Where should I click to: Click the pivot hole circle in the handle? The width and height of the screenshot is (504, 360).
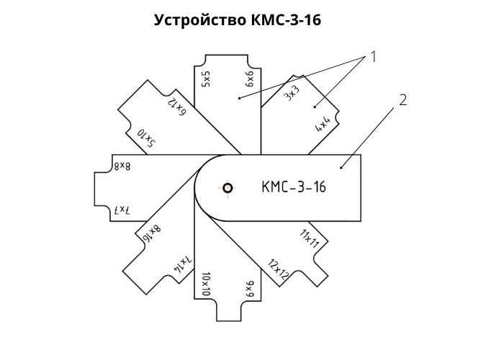pos(228,188)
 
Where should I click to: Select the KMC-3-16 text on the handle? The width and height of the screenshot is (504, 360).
pos(294,186)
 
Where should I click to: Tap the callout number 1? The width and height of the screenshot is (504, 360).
pos(373,57)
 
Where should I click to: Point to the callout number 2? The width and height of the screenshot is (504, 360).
pos(402,100)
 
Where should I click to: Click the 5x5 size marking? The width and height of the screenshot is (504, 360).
pos(206,79)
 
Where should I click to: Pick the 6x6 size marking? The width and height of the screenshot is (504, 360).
pos(249,79)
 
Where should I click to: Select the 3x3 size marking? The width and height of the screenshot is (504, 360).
pos(292,93)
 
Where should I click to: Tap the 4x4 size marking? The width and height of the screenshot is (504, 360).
pos(323,124)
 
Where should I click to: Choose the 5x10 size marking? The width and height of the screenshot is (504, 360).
pos(147,138)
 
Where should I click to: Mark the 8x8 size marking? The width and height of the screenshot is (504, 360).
pos(122,166)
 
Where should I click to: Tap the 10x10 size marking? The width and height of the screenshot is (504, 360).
pos(206,284)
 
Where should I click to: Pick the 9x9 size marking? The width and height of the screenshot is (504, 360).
pos(249,289)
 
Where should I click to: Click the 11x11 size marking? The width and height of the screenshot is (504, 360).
pos(309,238)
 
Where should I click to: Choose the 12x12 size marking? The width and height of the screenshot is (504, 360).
pos(279,269)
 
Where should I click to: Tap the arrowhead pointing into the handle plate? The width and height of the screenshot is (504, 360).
pos(342,166)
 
